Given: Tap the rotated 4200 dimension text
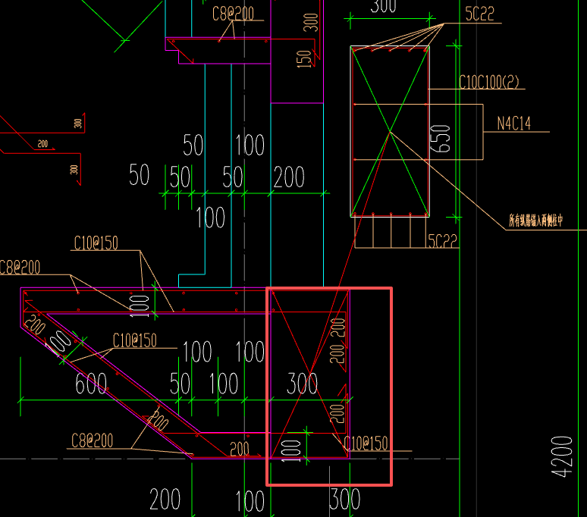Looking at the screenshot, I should pyautogui.click(x=563, y=456).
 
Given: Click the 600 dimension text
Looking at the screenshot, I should pyautogui.click(x=91, y=384).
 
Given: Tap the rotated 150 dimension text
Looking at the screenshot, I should pyautogui.click(x=305, y=59).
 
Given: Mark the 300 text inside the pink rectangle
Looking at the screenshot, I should pyautogui.click(x=302, y=384).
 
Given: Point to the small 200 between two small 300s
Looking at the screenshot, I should pyautogui.click(x=42, y=143).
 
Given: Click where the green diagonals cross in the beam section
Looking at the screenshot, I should pyautogui.click(x=390, y=132).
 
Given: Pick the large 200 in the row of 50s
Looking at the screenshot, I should pyautogui.click(x=289, y=178).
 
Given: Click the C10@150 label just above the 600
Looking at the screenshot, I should pyautogui.click(x=135, y=340).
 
